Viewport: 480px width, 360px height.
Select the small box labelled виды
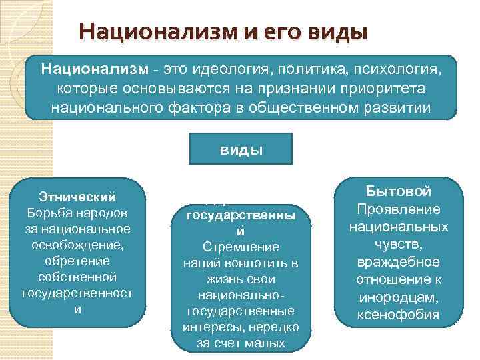pyautogui.click(x=241, y=149)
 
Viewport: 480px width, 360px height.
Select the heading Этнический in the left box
pyautogui.click(x=77, y=197)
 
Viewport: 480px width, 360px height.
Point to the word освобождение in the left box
pyautogui.click(x=77, y=244)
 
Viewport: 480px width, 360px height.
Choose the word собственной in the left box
pyautogui.click(x=77, y=276)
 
